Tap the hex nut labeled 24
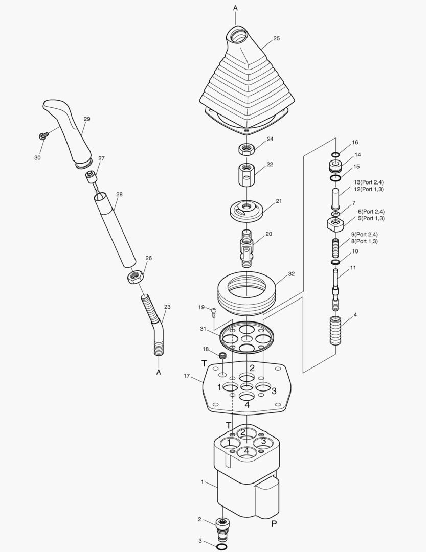tap(246, 150)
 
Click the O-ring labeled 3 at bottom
tap(222, 547)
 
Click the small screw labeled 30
tap(43, 135)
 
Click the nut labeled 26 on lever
tap(136, 277)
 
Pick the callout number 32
tap(291, 274)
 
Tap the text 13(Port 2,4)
tap(369, 182)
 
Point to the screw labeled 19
tap(214, 309)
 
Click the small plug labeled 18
tap(222, 355)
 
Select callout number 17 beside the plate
tap(186, 376)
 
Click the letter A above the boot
tap(236, 8)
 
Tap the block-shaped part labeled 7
tap(335, 223)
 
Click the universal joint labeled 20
tap(246, 245)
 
